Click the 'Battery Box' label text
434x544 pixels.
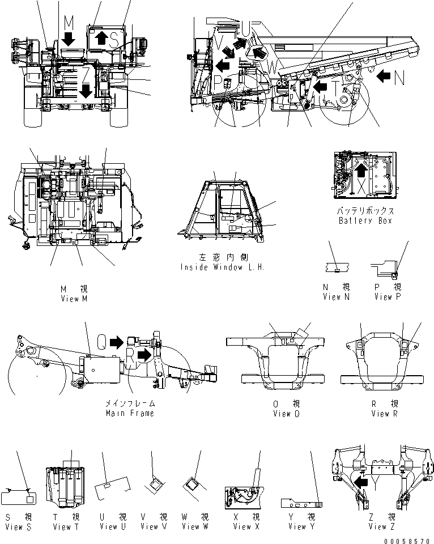tap(365, 220)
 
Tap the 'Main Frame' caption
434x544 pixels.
tap(130, 413)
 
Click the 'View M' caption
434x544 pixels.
tap(74, 299)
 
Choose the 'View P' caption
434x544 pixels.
tap(387, 296)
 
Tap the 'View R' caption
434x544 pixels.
tap(380, 414)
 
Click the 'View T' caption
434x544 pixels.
tap(65, 527)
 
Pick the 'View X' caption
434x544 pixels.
tap(242, 526)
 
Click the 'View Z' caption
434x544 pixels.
tap(377, 526)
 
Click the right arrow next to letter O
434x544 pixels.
tap(117, 342)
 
